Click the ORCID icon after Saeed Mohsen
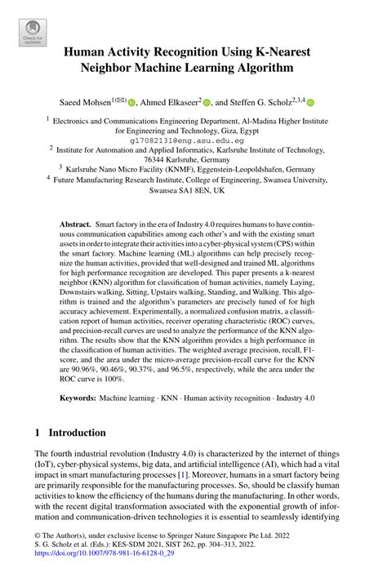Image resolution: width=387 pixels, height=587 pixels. [x=131, y=102]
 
